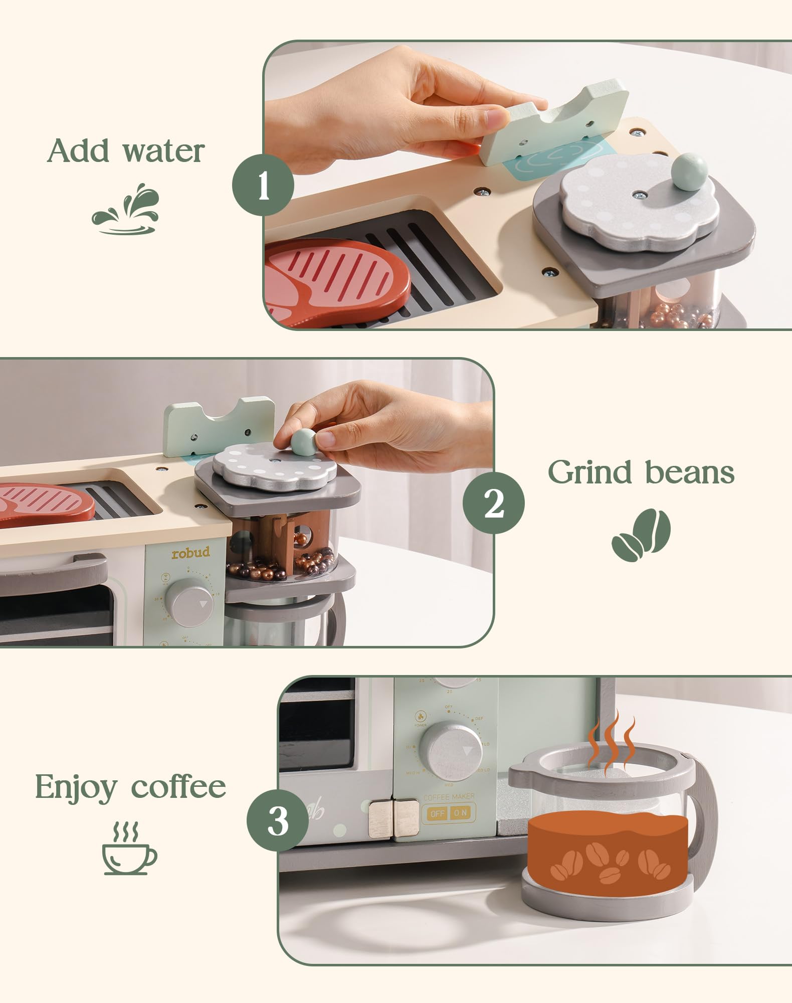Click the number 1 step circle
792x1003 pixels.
click(x=263, y=186)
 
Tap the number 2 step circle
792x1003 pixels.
click(x=493, y=503)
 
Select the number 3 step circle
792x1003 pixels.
click(x=278, y=821)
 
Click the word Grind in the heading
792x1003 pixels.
click(x=591, y=473)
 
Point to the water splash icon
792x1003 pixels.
click(x=126, y=210)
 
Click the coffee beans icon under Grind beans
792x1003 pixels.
click(x=641, y=536)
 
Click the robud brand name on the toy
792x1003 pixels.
click(x=190, y=553)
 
